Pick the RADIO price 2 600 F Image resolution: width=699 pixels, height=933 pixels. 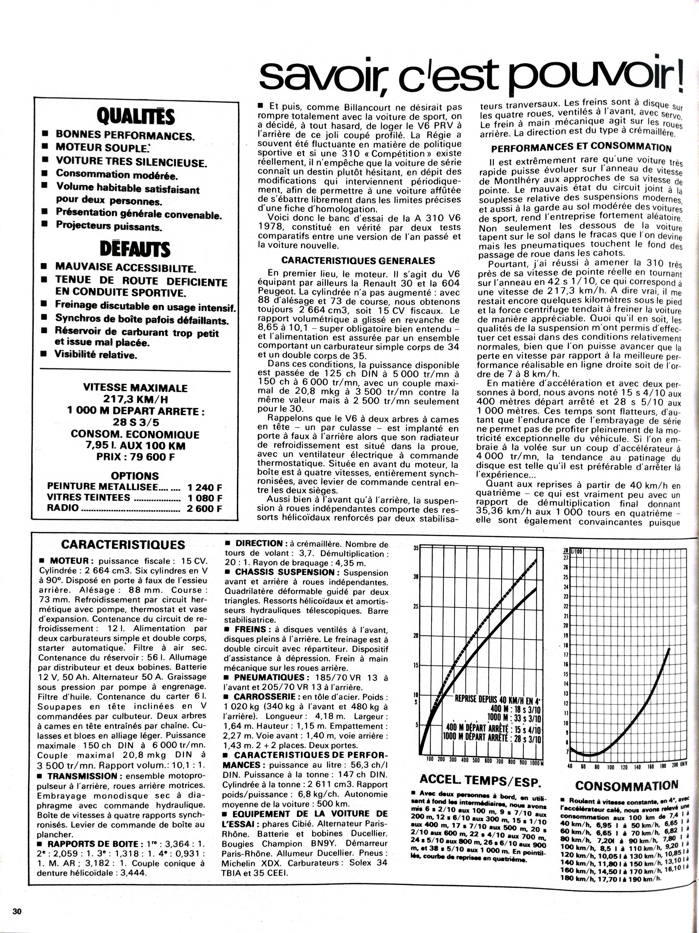(x=205, y=508)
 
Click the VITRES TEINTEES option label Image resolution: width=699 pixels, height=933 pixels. (x=89, y=498)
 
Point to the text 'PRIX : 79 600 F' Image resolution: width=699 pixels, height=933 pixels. (x=135, y=457)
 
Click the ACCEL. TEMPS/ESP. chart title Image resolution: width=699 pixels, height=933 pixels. (x=480, y=782)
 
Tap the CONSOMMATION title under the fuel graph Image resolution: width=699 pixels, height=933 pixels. (x=627, y=786)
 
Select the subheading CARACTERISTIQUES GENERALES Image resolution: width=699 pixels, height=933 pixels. (x=358, y=261)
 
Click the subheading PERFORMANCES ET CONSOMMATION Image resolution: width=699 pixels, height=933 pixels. (x=581, y=147)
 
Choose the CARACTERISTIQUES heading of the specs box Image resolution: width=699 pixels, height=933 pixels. (x=123, y=545)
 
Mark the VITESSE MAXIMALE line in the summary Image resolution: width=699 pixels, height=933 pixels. (x=135, y=388)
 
